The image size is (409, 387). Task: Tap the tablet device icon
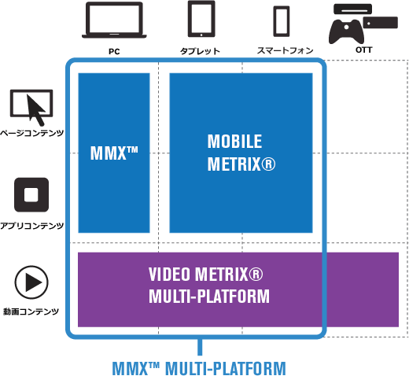point(201,19)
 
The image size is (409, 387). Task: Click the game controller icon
point(346,31)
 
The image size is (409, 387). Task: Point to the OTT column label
point(363,50)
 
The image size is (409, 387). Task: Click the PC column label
point(114,51)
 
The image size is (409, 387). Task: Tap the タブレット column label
point(200,51)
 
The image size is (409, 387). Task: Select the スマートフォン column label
point(285,50)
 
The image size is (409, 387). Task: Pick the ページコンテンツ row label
point(31,133)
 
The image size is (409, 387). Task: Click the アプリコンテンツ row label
point(31,226)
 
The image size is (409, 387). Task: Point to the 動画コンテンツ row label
point(31,311)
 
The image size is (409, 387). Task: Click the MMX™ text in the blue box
point(114,153)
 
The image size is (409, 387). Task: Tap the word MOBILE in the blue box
point(234,142)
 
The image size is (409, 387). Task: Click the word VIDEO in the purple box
point(169,275)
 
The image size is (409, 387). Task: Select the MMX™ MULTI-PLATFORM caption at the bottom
point(199,368)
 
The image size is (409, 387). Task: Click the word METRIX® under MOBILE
point(241,164)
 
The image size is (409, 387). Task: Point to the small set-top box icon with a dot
point(381,22)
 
